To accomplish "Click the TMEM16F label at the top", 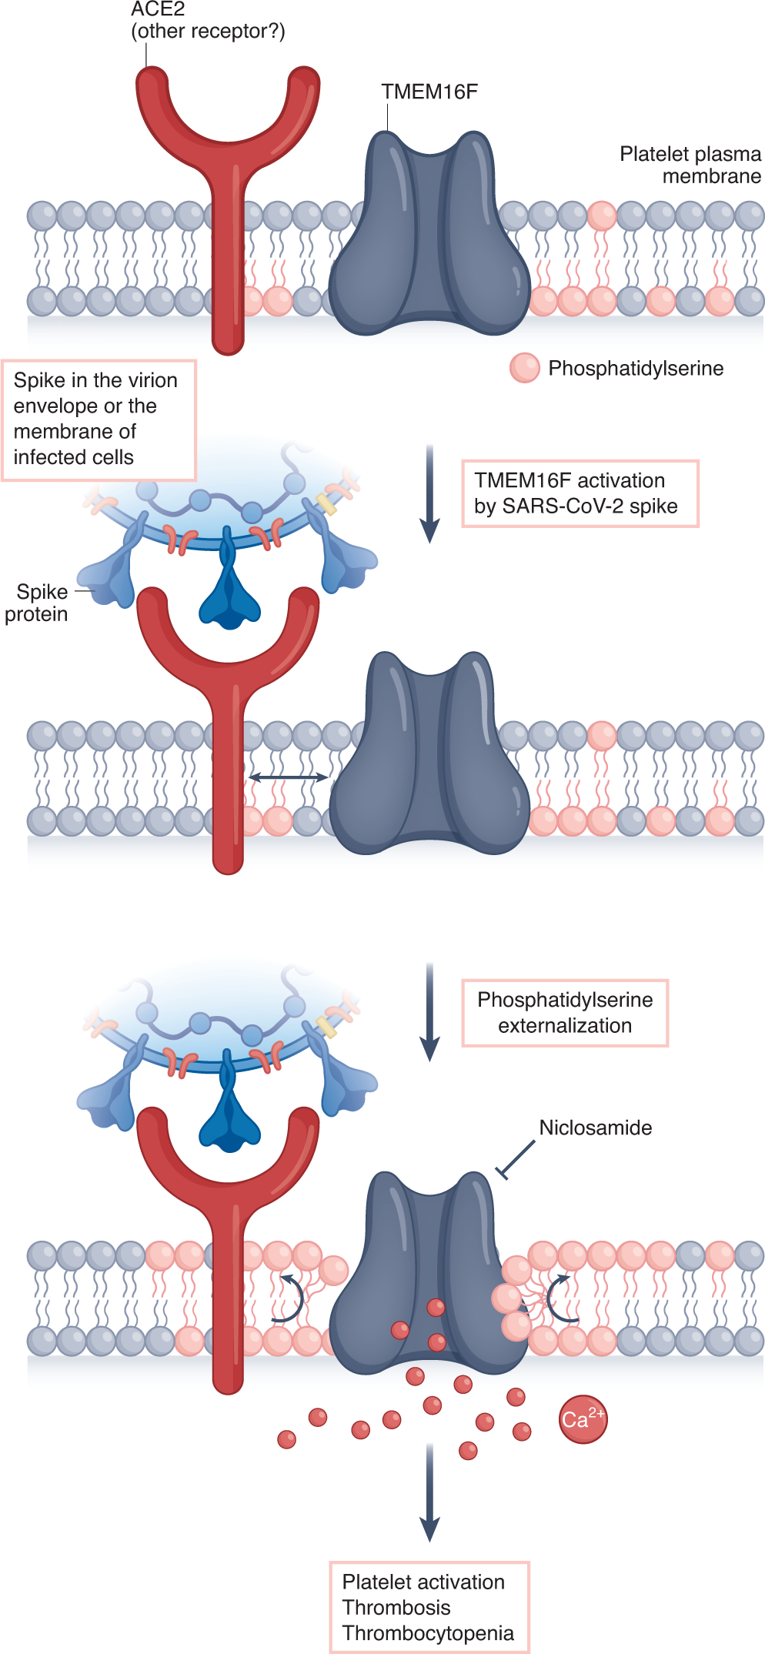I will (x=429, y=92).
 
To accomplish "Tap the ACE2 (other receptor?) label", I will (x=207, y=21).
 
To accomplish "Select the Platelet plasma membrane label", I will (x=690, y=165).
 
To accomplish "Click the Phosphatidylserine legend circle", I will (x=525, y=368).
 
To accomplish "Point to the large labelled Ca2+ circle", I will (x=583, y=1419).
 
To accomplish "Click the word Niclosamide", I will (x=595, y=1128).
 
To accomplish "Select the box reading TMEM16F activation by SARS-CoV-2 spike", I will (x=580, y=493).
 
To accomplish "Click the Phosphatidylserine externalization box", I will (x=565, y=1013).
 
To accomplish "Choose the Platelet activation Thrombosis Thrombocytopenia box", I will (x=429, y=1607).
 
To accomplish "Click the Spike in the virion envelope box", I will (x=99, y=419).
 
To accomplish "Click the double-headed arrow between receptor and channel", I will (x=289, y=778).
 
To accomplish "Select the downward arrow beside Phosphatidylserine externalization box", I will (x=429, y=1012).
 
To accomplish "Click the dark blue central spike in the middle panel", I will (x=229, y=585).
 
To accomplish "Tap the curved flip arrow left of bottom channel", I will (x=291, y=1299).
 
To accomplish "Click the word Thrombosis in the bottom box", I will (x=396, y=1608).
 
